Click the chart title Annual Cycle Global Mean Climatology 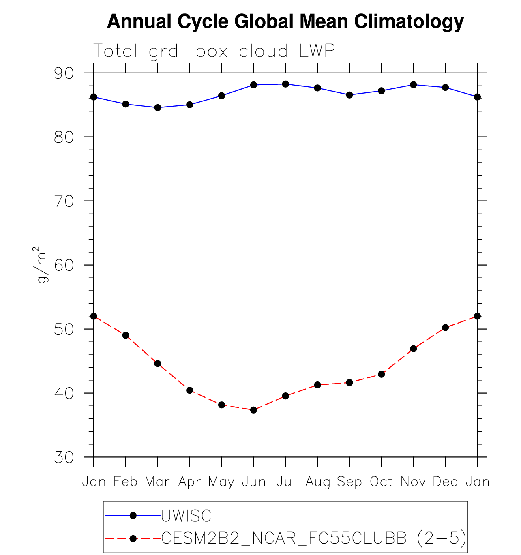(285, 21)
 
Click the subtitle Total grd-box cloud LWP (214, 51)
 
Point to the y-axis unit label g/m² (42, 265)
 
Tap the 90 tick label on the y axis (64, 73)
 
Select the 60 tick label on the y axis (64, 265)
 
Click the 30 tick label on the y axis (64, 457)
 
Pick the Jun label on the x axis (254, 482)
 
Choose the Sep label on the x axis (349, 482)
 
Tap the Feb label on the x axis (126, 482)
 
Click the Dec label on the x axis (445, 482)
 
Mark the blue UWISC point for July (285, 84)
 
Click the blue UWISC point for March (158, 107)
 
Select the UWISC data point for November (413, 85)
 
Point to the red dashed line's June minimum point (253, 410)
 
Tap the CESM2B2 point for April (189, 390)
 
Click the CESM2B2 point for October (381, 374)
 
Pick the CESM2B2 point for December (445, 328)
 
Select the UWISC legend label (187, 516)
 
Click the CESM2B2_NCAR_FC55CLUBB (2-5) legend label (314, 538)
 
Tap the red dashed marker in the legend (133, 538)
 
